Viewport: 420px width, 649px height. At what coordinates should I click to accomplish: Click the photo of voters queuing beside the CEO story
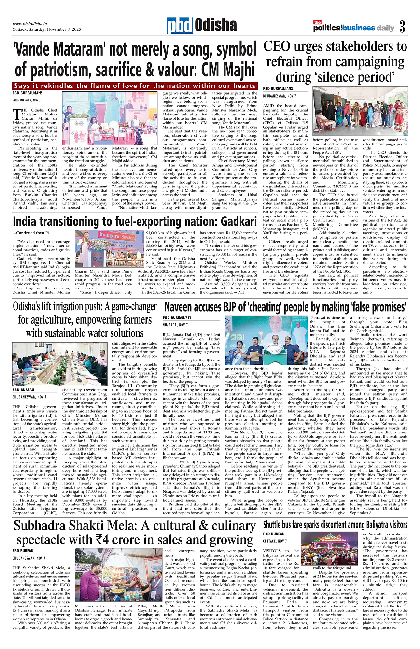(x=360, y=111)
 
